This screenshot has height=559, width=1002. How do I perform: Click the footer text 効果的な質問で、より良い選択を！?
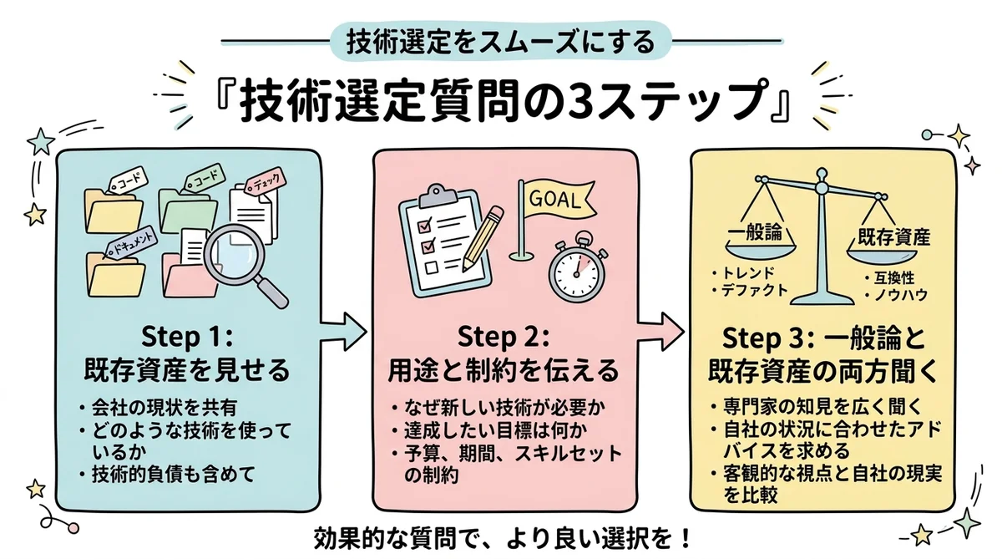(501, 536)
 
